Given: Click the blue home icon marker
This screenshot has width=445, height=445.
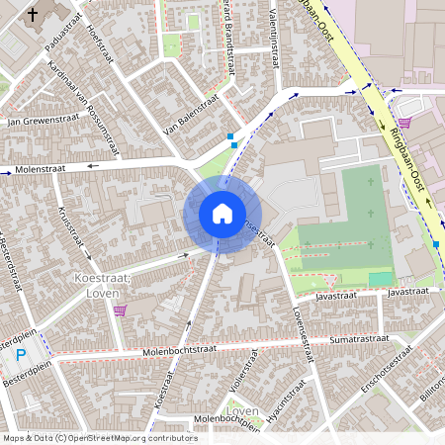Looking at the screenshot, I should (x=222, y=213).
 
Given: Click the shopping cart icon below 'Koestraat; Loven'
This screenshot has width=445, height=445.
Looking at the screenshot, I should (x=120, y=311).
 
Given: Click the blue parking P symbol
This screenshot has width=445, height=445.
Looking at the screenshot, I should (x=20, y=355).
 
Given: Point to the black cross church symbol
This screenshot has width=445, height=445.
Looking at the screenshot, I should (x=34, y=15).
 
